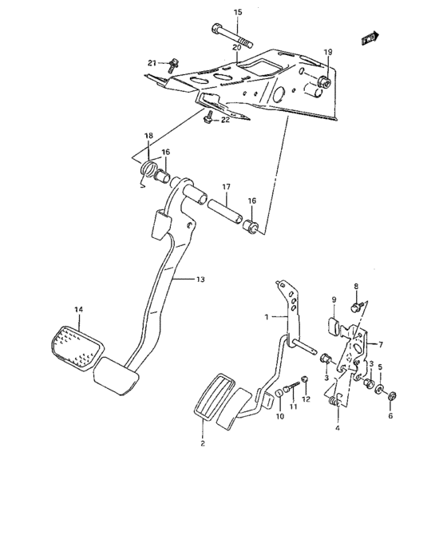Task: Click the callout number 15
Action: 237,12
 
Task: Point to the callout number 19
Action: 327,52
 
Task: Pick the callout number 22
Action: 225,120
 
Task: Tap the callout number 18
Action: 148,137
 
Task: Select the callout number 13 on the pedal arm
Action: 200,279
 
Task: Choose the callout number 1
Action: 268,317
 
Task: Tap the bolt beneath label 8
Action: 356,306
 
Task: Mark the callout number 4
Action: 338,429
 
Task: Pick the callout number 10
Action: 279,416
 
